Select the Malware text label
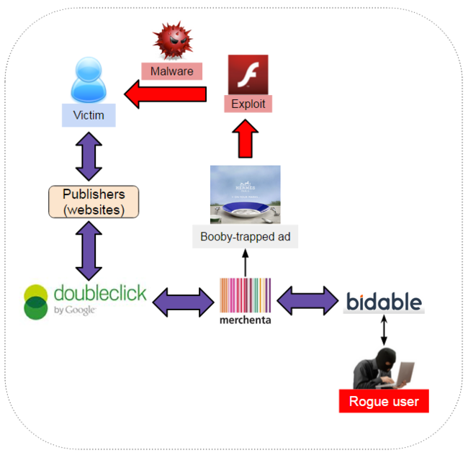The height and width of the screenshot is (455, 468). [171, 71]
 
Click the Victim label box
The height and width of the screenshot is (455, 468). [89, 115]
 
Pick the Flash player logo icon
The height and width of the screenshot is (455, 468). [248, 74]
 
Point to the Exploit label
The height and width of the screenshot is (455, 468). [248, 104]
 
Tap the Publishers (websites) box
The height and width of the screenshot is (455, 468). [94, 202]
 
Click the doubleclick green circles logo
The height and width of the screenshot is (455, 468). [36, 301]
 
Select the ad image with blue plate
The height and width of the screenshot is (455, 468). [245, 194]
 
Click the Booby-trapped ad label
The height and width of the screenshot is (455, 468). [245, 236]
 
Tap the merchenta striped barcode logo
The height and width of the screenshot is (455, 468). [246, 295]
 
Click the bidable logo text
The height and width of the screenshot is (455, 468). [383, 302]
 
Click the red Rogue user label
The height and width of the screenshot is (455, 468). [384, 401]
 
